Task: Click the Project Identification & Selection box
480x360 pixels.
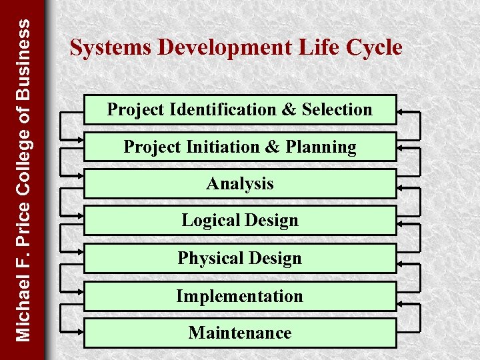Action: point(240,109)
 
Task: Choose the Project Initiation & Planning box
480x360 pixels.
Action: point(240,147)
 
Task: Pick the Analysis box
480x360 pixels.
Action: point(240,183)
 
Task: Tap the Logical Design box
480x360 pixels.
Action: point(240,221)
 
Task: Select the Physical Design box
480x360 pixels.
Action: point(240,258)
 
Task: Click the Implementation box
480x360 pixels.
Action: point(240,295)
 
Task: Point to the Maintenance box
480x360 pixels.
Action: point(240,332)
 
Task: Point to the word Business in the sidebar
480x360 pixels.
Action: point(23,60)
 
